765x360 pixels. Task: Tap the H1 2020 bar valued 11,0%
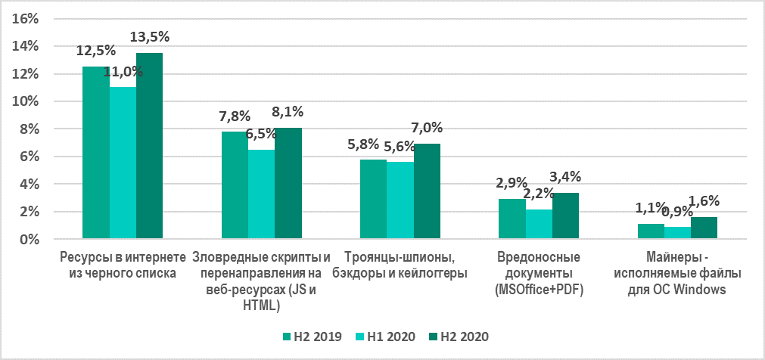(x=123, y=163)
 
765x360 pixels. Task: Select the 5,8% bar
(x=373, y=200)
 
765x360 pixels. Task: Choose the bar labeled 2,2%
(x=539, y=224)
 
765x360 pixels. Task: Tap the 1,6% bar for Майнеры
(x=704, y=228)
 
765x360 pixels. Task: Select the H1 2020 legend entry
(x=385, y=335)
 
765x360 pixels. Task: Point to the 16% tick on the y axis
(x=28, y=19)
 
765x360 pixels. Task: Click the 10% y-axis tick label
(x=28, y=101)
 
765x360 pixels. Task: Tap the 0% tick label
(x=32, y=239)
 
